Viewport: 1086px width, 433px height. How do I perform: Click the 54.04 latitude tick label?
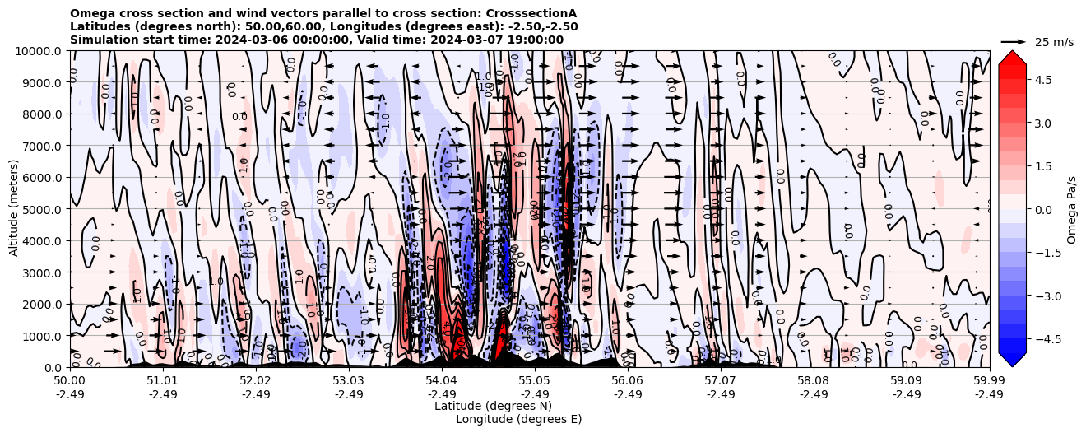coord(441,381)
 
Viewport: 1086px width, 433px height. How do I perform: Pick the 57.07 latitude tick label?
coord(720,381)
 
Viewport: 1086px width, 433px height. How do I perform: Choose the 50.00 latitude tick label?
coord(70,381)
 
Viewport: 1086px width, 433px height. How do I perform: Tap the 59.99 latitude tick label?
coord(989,381)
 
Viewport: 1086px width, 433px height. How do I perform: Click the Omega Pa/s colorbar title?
coord(1071,209)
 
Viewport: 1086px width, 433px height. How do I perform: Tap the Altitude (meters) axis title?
coord(14,209)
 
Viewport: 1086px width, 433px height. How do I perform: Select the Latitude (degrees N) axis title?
coord(493,406)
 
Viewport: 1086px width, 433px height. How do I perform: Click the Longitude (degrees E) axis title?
coord(518,419)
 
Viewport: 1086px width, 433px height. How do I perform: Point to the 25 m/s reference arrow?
coord(1013,41)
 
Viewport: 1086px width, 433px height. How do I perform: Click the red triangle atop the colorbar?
coord(1012,58)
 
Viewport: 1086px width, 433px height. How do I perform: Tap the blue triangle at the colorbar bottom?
coord(1012,359)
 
